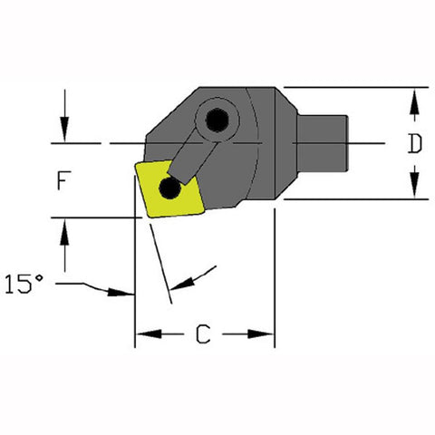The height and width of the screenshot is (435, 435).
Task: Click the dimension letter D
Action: (414, 143)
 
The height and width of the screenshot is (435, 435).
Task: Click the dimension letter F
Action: (62, 180)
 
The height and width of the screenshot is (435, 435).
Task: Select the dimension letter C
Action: (205, 336)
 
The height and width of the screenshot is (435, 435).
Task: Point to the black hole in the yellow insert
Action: (169, 188)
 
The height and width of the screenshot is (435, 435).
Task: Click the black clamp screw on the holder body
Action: (217, 119)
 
